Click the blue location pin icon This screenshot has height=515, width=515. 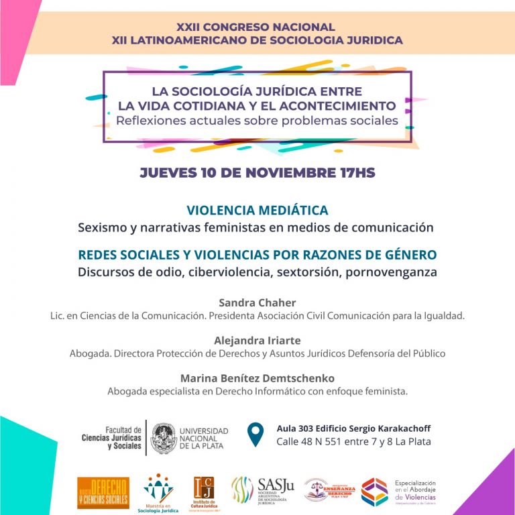[x=255, y=435]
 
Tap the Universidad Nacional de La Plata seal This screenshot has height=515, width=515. [x=164, y=438]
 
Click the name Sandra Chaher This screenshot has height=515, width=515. [x=257, y=302]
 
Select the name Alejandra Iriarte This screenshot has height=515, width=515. [x=257, y=340]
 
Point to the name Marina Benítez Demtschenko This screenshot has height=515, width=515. [x=257, y=378]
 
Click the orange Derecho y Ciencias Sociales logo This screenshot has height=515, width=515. [x=103, y=492]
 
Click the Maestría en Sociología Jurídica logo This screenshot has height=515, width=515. [x=158, y=492]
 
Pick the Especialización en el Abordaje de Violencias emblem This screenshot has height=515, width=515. [x=374, y=492]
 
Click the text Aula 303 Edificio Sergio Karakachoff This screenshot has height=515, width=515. [x=353, y=428]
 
